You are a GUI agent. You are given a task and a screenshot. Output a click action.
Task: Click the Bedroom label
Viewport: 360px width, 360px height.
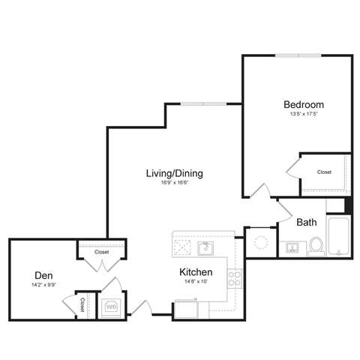click(x=303, y=103)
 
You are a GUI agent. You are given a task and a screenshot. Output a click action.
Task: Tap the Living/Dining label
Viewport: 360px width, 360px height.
click(x=174, y=173)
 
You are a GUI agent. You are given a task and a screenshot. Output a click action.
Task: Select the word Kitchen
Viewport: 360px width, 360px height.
click(x=195, y=271)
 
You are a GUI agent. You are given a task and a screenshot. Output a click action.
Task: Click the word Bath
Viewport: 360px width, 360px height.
click(x=306, y=222)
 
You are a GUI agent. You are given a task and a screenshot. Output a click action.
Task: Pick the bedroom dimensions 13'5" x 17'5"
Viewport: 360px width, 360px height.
click(x=303, y=115)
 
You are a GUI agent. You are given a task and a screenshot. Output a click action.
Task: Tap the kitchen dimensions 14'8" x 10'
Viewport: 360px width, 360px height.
click(x=195, y=283)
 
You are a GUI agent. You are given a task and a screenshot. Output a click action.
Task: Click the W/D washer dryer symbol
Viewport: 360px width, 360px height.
click(x=111, y=306)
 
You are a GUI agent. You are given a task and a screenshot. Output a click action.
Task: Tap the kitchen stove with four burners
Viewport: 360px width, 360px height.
click(x=235, y=279)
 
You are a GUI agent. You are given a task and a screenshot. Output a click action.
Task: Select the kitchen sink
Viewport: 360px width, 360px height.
click(x=205, y=247)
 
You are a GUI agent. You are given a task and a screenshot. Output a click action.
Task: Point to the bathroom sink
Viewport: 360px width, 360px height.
click(x=292, y=247)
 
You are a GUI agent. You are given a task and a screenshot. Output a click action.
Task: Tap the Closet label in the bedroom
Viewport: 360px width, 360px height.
click(x=324, y=172)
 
